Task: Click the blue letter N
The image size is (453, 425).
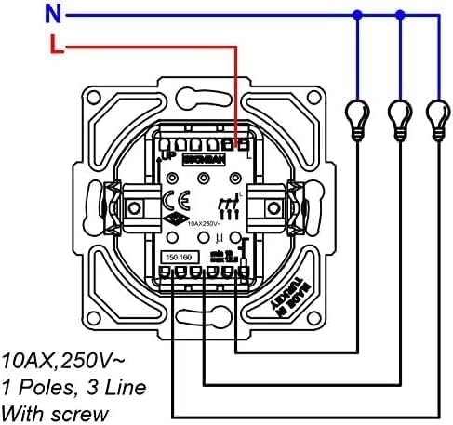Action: coord(30,13)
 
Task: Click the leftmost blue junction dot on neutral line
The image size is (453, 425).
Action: coord(356,14)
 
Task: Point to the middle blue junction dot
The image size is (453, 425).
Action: coord(400,14)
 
